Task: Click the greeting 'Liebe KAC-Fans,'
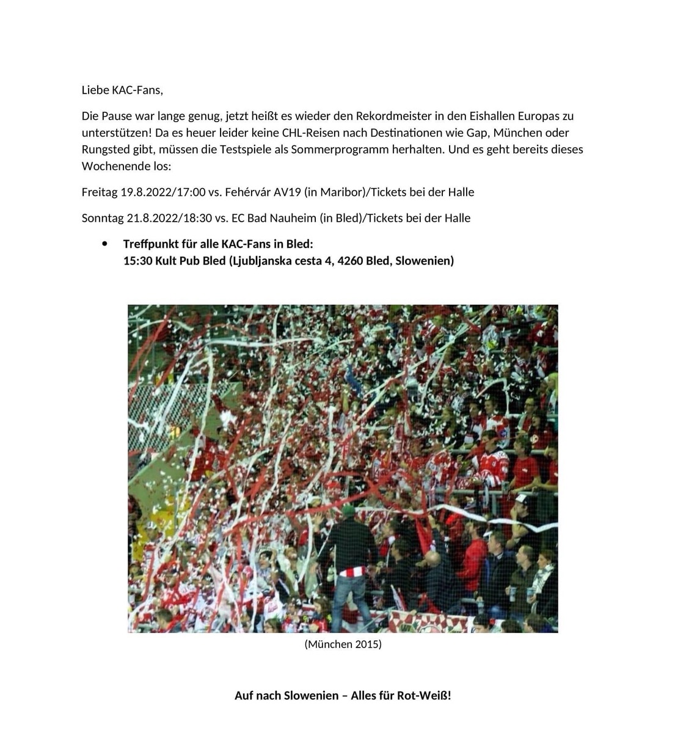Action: coord(122,90)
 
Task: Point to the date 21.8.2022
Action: coord(153,218)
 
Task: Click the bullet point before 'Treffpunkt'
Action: coord(104,244)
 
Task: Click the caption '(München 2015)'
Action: coord(343,644)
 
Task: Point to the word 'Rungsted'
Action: coord(105,150)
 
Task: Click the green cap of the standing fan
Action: coord(348,510)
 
